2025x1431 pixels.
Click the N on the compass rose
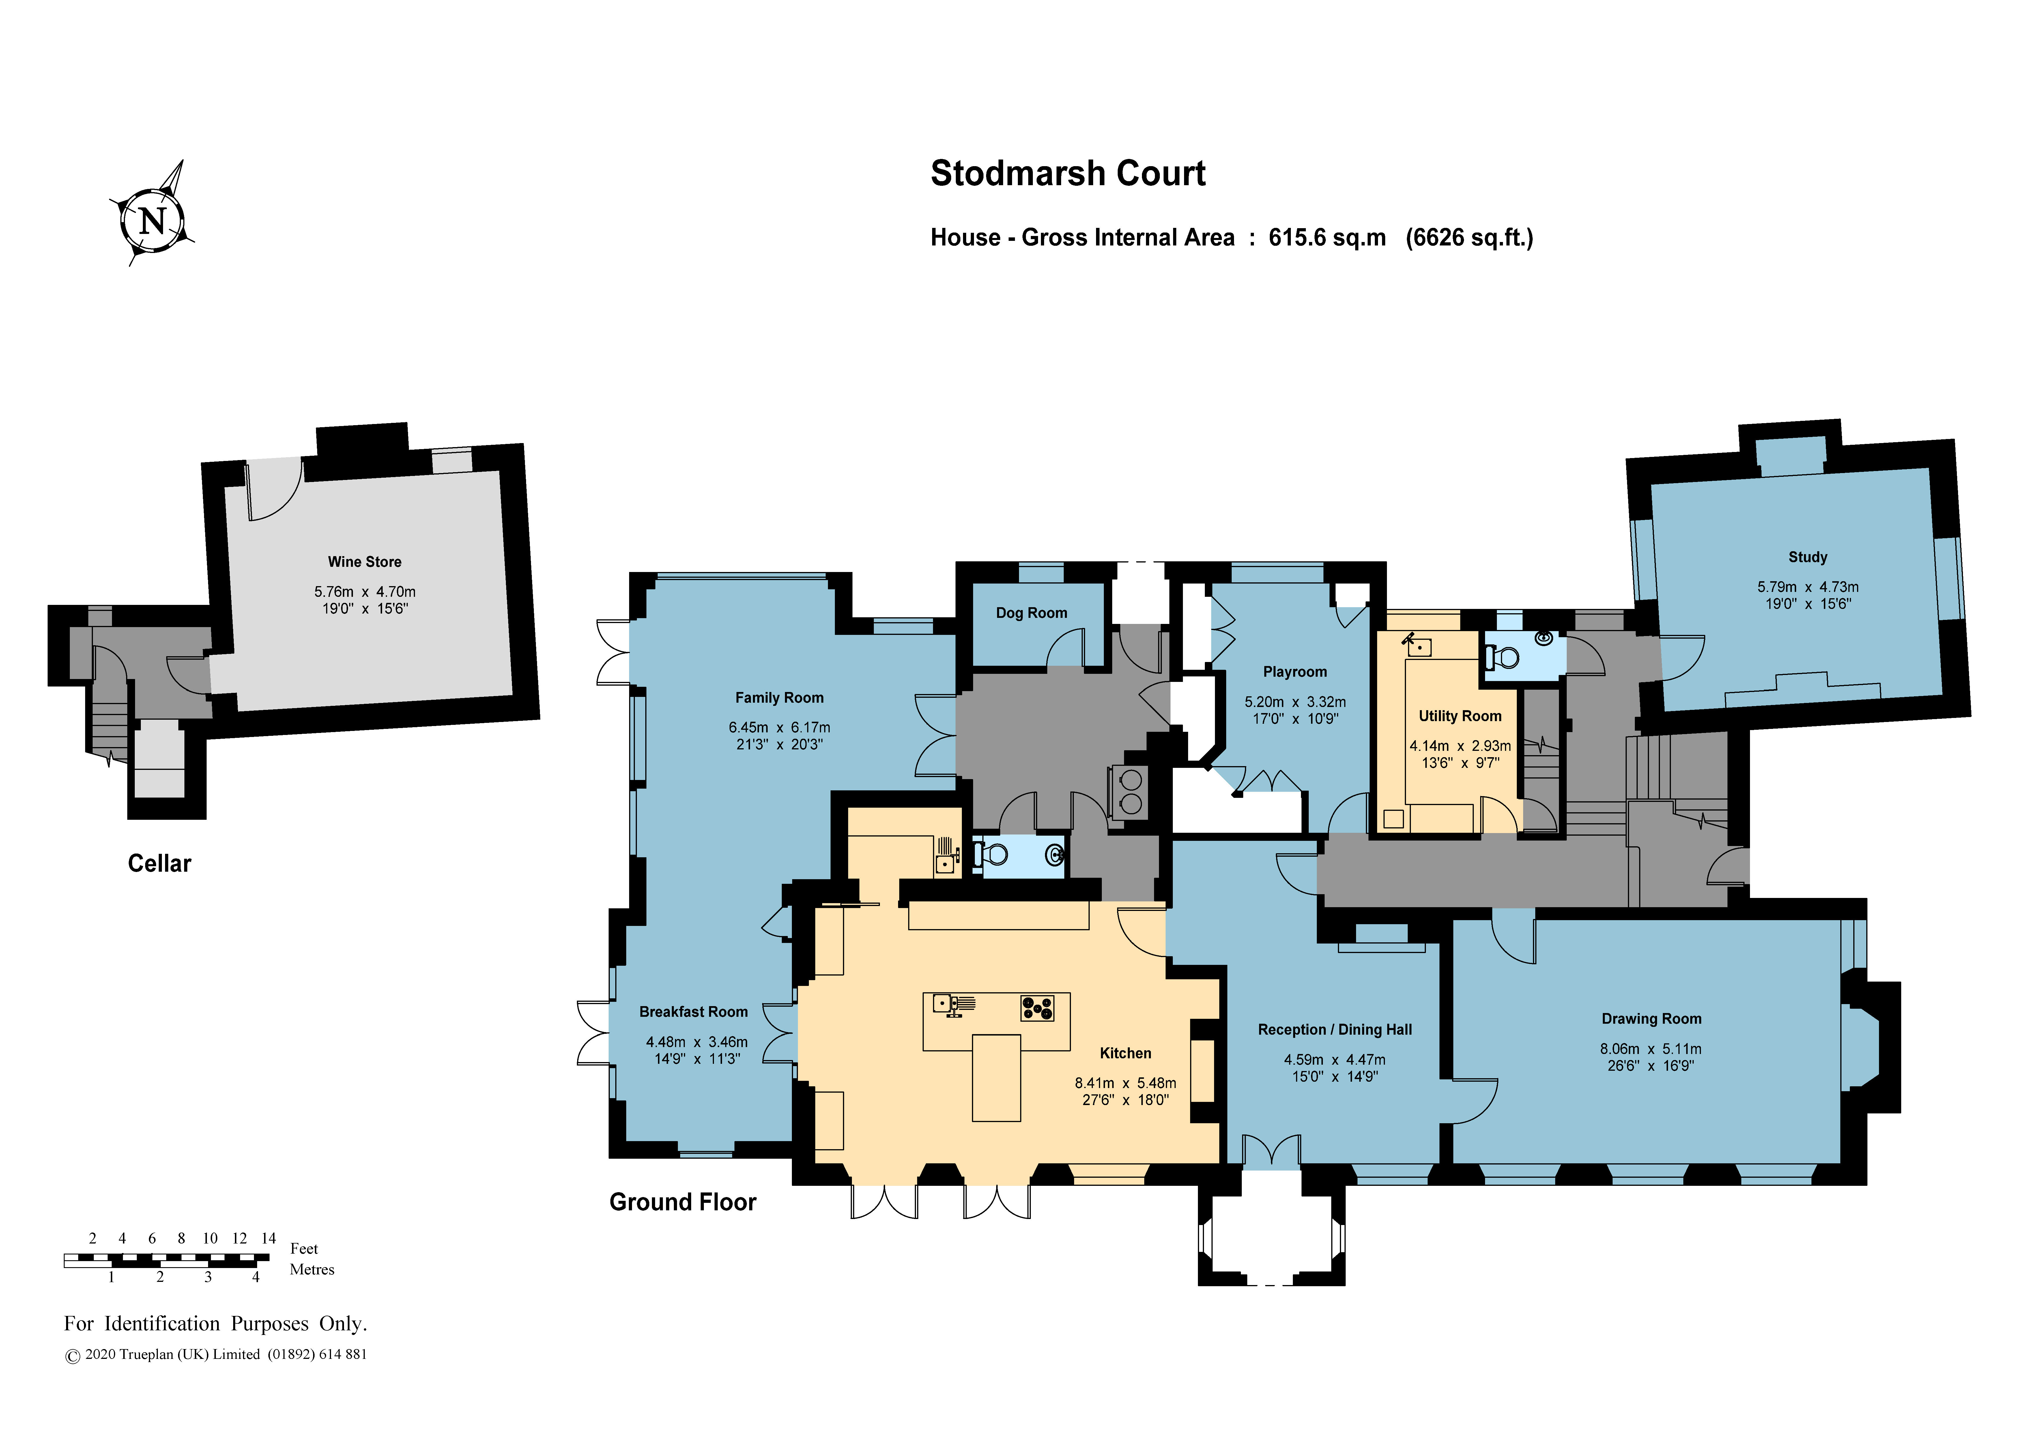(x=153, y=220)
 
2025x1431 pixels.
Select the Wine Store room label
(x=364, y=562)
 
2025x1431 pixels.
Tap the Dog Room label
(x=1031, y=613)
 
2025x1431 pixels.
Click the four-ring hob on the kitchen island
(x=1037, y=1008)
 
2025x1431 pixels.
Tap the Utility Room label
(x=1460, y=716)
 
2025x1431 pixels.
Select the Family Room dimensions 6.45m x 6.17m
(x=779, y=727)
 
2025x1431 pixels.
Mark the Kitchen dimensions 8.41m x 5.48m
(x=1125, y=1083)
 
